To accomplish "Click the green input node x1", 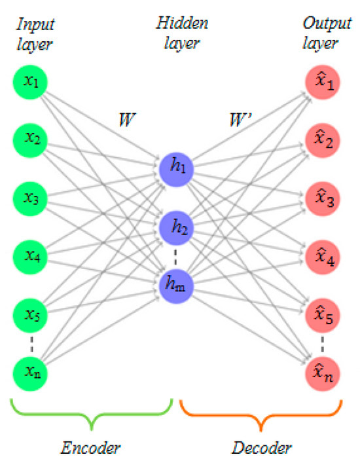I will (x=29, y=82).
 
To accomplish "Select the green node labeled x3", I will (x=29, y=200).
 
